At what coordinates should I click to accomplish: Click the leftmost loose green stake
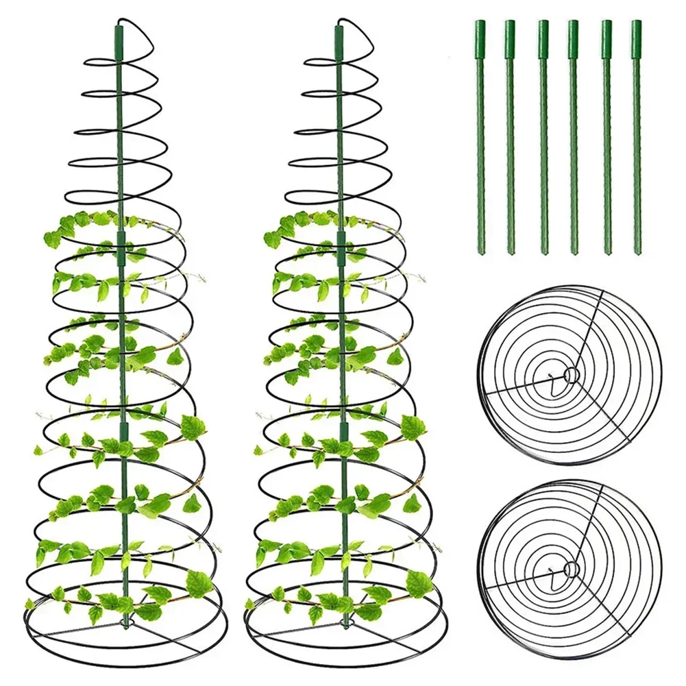click(480, 137)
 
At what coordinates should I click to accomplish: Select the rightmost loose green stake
click(637, 137)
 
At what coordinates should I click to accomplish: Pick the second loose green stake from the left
click(510, 137)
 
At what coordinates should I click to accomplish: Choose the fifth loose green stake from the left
click(607, 137)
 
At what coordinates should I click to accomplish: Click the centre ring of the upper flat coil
click(570, 374)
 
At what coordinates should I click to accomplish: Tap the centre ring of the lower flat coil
click(570, 567)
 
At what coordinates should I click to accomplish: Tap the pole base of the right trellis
click(344, 624)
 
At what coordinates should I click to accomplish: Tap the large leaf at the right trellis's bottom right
click(418, 583)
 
